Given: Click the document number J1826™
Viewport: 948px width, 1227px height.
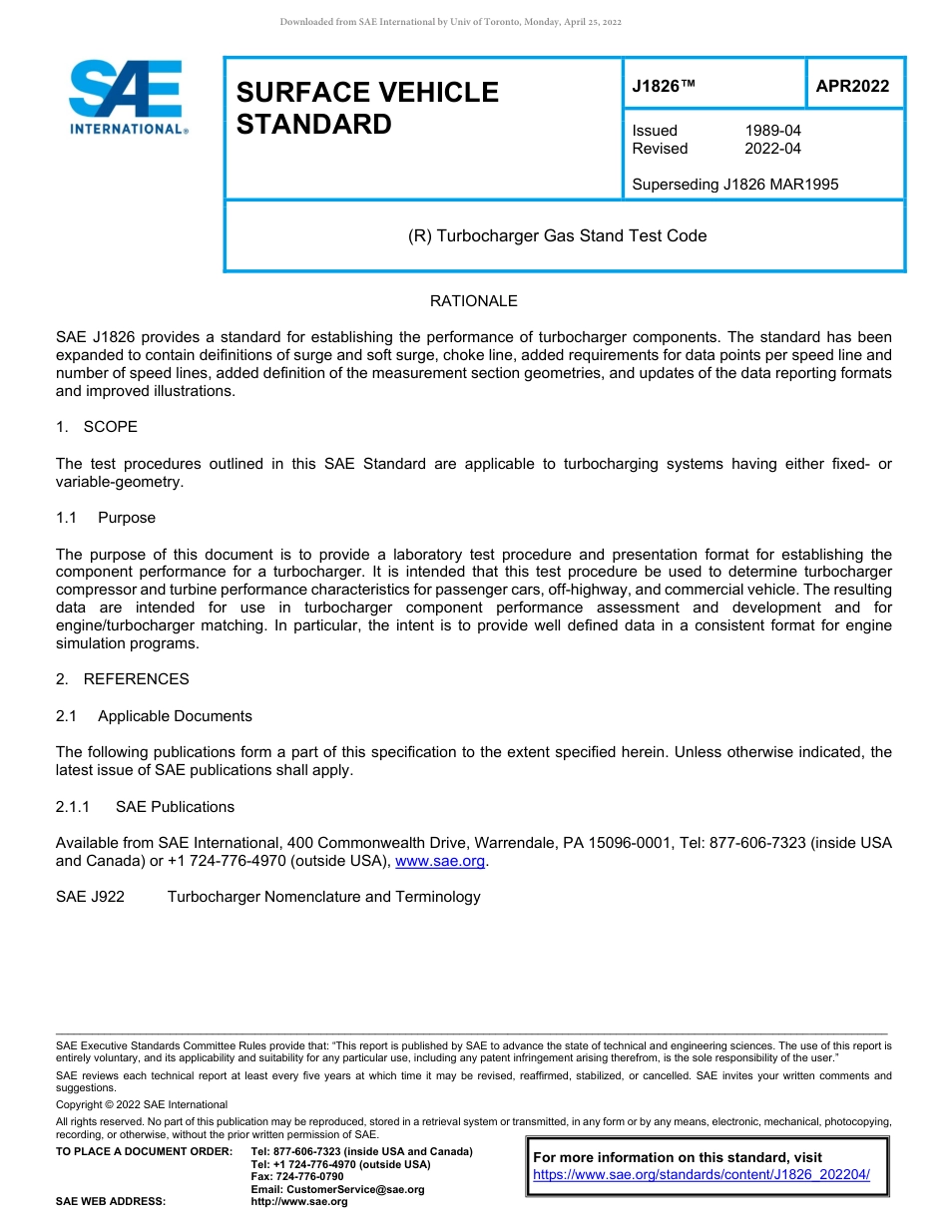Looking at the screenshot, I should click(x=663, y=87).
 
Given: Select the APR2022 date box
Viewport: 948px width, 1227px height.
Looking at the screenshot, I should click(x=852, y=87).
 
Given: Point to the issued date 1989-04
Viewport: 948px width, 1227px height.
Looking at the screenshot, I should click(x=772, y=131).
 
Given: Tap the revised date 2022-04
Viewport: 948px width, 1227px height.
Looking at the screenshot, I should click(x=772, y=149).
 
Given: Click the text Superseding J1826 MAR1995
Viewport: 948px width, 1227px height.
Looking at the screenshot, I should click(x=734, y=184).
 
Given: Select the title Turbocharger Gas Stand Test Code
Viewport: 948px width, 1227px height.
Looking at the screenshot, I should click(x=558, y=236).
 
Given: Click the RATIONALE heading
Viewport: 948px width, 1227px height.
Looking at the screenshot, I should click(x=473, y=301).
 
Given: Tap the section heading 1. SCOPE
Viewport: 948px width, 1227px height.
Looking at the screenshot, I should click(x=97, y=427).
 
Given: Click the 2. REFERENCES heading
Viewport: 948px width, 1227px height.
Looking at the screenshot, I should click(x=122, y=679).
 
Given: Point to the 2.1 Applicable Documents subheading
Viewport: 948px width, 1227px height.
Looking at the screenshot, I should click(x=155, y=716).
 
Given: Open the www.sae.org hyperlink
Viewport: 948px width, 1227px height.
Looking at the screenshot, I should click(x=440, y=862).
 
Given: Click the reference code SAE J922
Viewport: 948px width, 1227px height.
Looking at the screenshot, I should click(x=91, y=897).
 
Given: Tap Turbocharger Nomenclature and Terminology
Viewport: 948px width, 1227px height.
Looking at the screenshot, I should click(x=323, y=897).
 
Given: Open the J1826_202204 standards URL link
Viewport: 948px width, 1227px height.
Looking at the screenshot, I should click(x=702, y=1175).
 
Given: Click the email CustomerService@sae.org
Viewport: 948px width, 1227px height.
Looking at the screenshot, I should click(x=337, y=1189).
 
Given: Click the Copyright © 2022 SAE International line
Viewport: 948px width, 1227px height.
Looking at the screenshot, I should click(x=142, y=1104).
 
